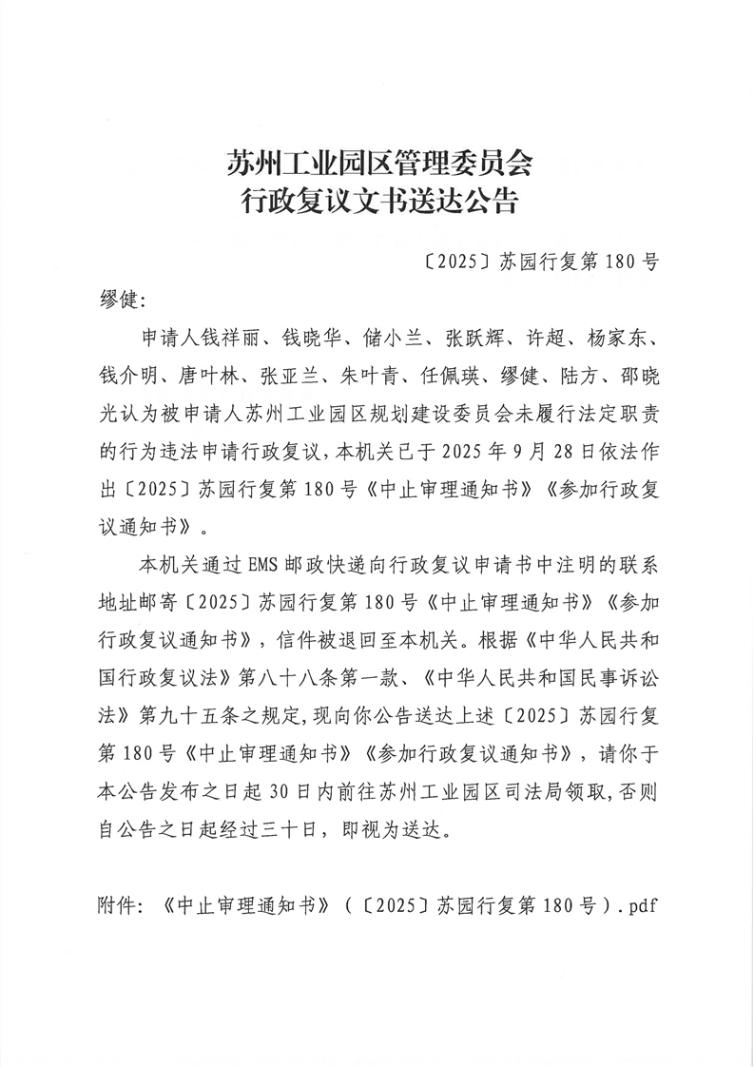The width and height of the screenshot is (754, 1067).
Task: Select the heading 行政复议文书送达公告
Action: point(377,202)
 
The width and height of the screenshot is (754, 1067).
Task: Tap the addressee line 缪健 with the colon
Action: point(120,300)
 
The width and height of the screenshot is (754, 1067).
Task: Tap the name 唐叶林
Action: point(203,378)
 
